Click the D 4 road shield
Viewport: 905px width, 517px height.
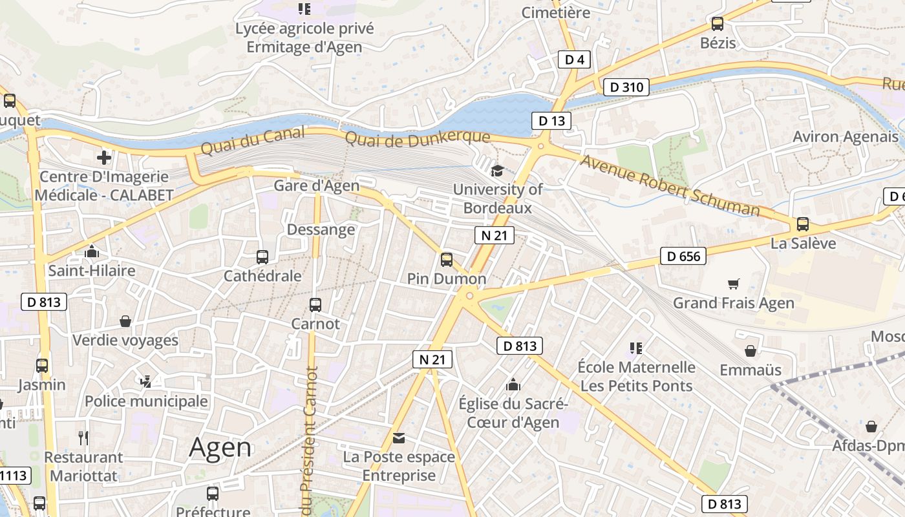pos(574,60)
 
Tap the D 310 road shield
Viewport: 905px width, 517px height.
pos(626,87)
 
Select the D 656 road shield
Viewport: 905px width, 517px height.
pos(683,256)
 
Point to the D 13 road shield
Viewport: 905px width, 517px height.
pos(551,120)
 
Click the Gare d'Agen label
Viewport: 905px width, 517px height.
pos(316,186)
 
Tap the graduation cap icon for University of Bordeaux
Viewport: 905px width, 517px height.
pos(497,171)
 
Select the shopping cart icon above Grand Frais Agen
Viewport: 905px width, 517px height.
pos(733,284)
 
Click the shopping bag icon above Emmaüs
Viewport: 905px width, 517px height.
pos(751,351)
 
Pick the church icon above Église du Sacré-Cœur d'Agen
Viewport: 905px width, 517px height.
pos(513,385)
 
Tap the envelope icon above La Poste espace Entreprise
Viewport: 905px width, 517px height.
pos(399,438)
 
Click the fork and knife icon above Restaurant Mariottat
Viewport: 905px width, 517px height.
pos(83,438)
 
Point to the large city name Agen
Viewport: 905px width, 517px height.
pos(220,447)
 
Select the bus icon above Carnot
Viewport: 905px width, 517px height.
pos(315,304)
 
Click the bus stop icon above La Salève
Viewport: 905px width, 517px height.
pos(803,224)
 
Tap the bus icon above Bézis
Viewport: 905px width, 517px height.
pos(718,24)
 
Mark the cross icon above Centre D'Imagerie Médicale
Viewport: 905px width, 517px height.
pos(103,157)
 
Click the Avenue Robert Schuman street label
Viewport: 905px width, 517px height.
pos(670,185)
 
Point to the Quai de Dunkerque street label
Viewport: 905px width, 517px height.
pos(418,138)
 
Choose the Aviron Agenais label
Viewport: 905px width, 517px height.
pos(846,137)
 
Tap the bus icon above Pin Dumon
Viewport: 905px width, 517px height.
pos(446,259)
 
